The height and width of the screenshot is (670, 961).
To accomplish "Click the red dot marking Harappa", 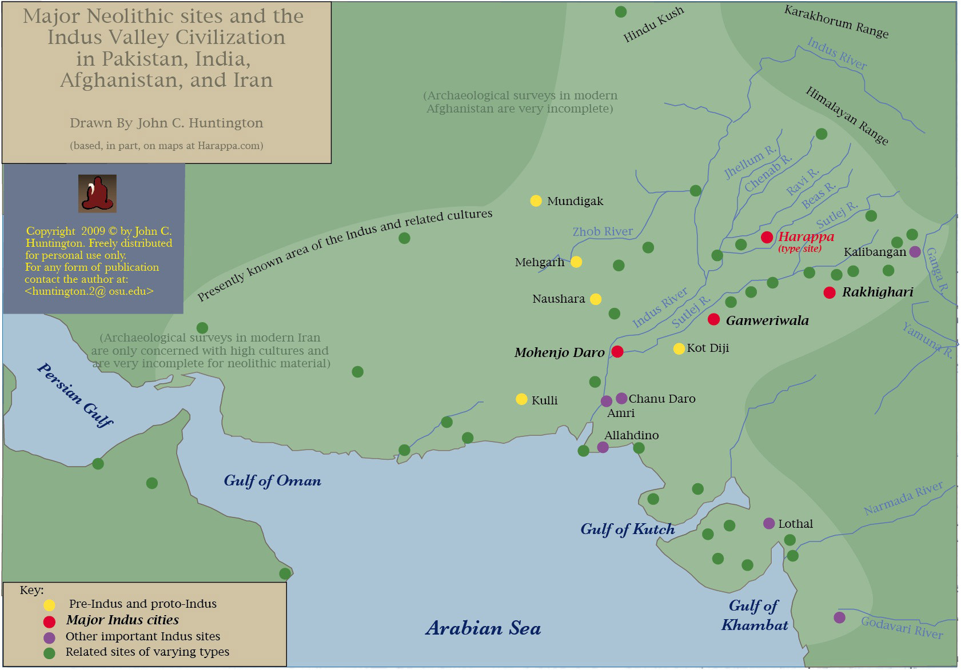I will click(767, 238).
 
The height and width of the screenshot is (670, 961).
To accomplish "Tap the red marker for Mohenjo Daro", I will click(617, 351).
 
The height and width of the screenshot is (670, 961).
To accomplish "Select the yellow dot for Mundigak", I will click(536, 200).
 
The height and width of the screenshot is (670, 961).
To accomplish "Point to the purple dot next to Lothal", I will click(769, 523).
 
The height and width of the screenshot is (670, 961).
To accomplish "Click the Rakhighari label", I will click(877, 292).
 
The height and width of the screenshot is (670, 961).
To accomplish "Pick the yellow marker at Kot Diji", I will click(679, 348).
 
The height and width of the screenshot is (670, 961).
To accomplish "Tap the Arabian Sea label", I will click(483, 628).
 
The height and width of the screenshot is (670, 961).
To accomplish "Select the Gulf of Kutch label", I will click(627, 529).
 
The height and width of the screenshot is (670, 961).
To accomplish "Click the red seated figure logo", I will click(97, 194).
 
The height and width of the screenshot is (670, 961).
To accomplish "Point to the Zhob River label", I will click(603, 231).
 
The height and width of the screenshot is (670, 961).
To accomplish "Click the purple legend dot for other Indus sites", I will click(50, 637).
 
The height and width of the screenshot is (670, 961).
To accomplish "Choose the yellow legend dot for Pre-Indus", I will click(50, 604).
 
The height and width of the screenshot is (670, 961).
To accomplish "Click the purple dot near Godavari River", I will click(839, 617).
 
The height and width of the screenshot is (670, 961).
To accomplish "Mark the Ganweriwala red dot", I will click(713, 319).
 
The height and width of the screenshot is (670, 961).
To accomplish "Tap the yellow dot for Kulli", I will click(521, 399).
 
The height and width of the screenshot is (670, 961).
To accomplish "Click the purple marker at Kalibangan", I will click(915, 251).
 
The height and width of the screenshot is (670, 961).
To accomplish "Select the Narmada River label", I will click(903, 498).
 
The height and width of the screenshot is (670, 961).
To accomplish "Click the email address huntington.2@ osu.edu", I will click(89, 291).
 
